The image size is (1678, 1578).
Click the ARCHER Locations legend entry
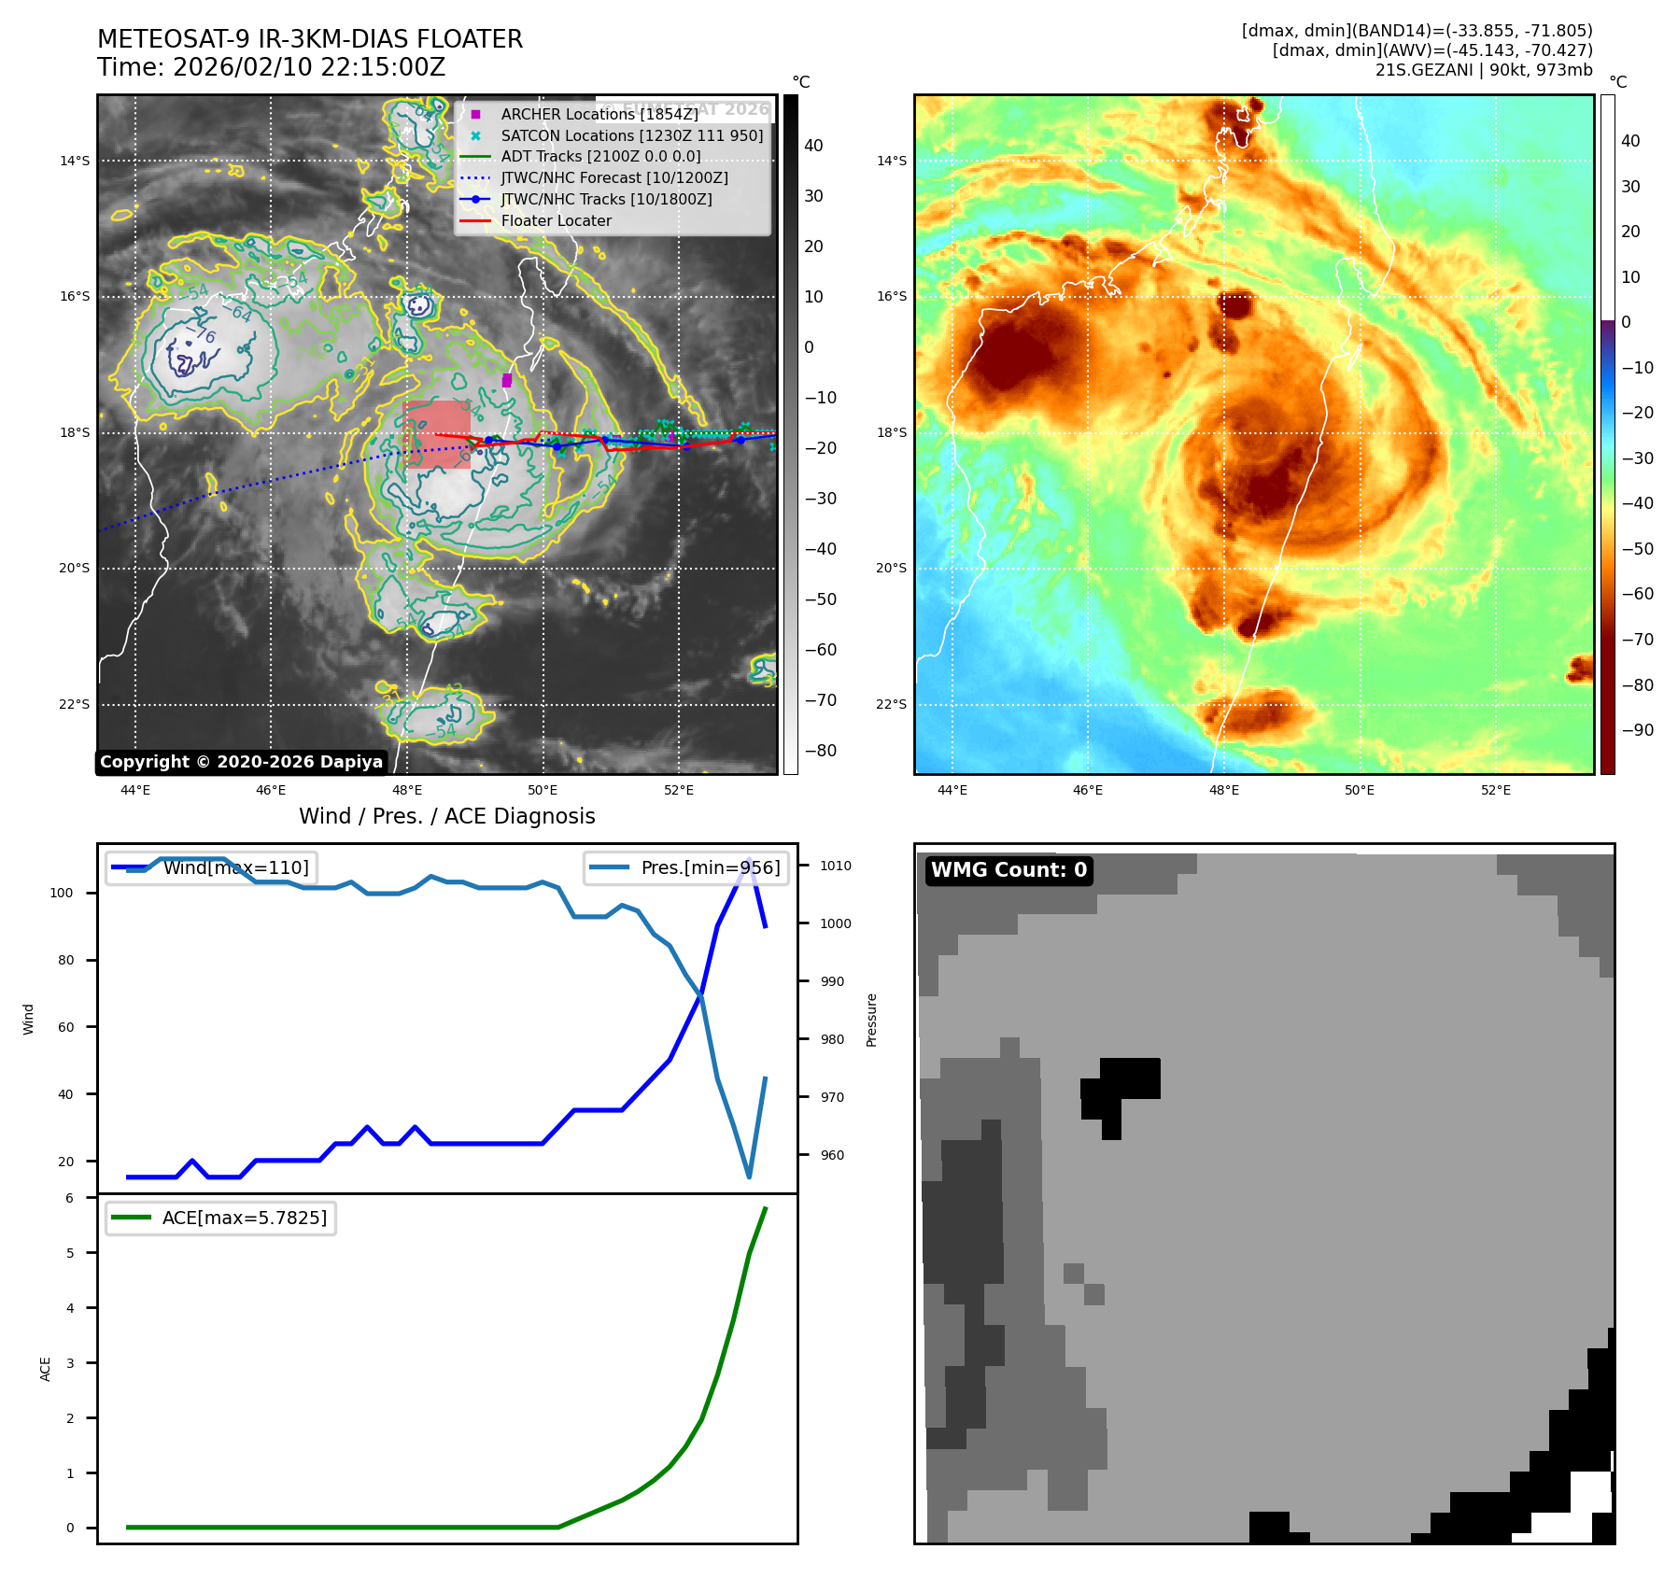(599, 114)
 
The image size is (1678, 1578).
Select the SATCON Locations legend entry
(631, 135)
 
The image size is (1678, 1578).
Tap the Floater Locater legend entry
(556, 220)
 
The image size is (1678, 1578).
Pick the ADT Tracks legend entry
(600, 157)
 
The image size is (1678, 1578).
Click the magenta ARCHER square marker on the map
(507, 380)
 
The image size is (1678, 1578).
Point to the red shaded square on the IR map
(436, 434)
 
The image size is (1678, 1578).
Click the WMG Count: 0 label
(1008, 870)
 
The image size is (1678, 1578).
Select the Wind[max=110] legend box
(211, 867)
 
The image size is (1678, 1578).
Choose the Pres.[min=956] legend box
(686, 867)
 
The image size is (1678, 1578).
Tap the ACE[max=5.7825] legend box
(221, 1218)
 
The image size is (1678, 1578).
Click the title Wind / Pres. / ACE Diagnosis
(446, 816)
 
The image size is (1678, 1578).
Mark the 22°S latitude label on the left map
(75, 704)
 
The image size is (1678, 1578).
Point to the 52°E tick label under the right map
(1495, 790)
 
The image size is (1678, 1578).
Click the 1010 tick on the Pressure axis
(836, 866)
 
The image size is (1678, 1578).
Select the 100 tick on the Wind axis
(61, 893)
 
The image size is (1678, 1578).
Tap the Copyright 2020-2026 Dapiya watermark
(241, 762)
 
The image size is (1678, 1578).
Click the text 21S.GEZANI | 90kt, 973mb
(1484, 70)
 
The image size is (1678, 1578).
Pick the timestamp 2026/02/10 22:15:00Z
(309, 68)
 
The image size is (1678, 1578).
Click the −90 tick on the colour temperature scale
(1637, 730)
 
